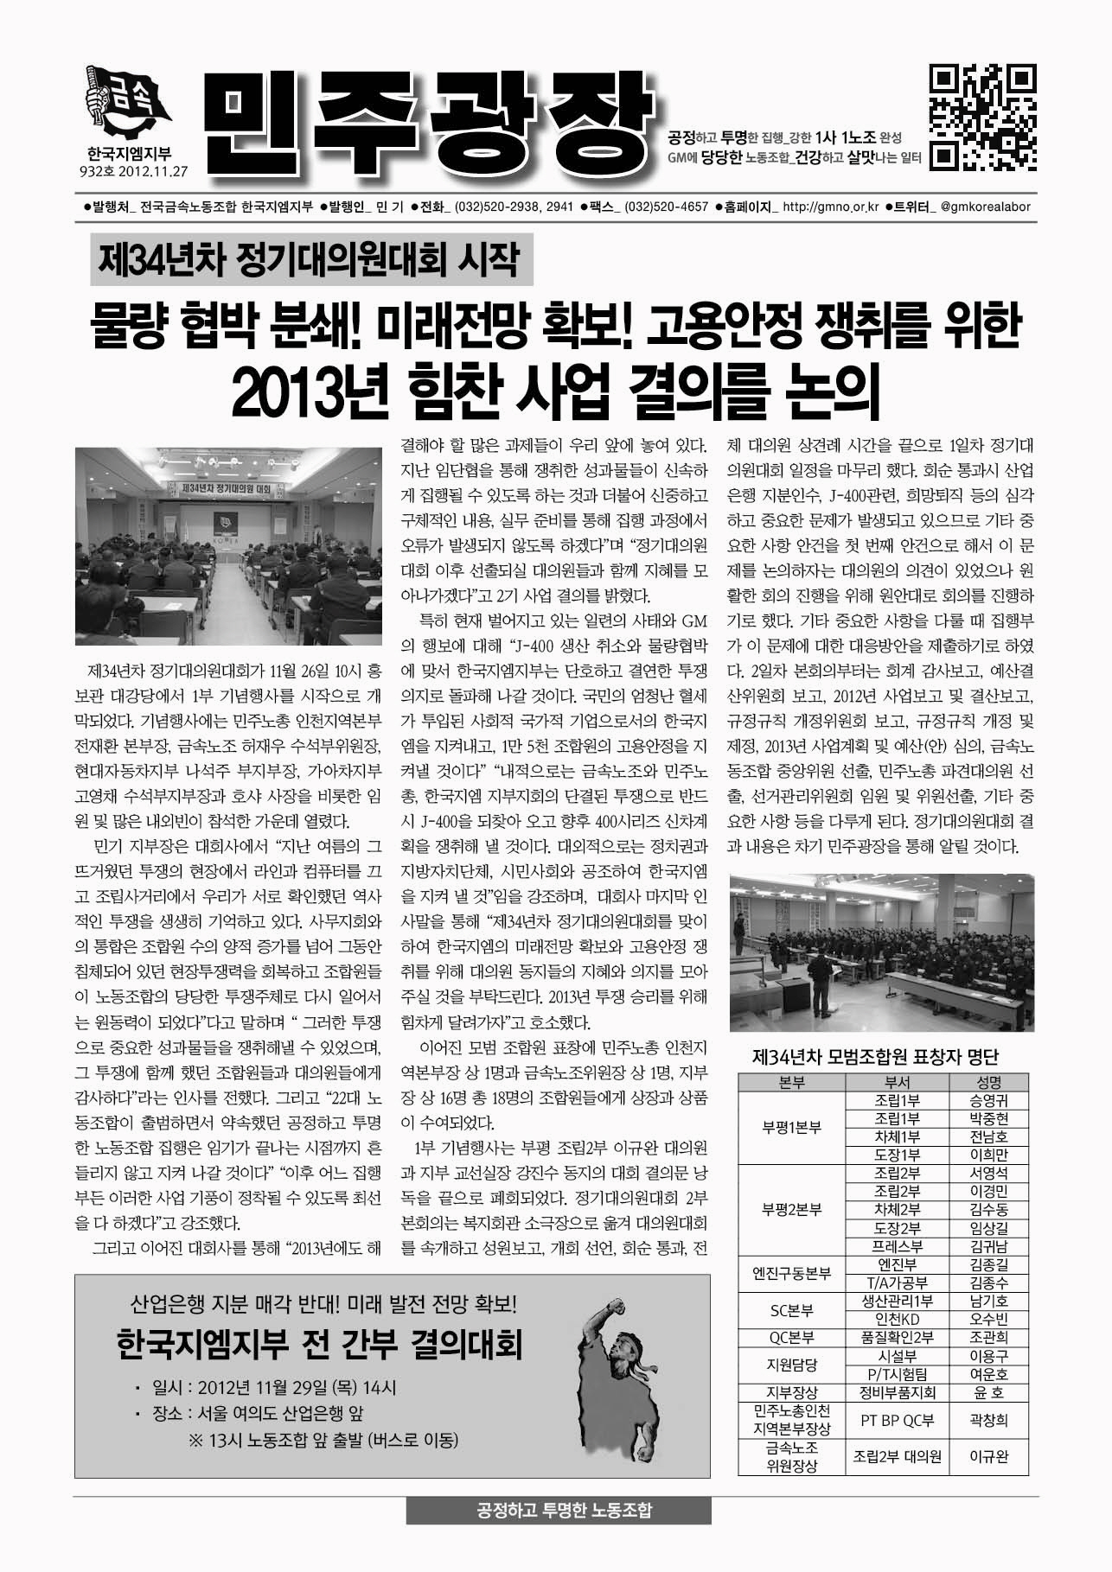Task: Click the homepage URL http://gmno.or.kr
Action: click(x=829, y=207)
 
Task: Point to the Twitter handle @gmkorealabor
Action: click(x=984, y=207)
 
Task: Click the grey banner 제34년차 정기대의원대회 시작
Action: click(x=309, y=258)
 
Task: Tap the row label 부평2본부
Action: click(x=791, y=1209)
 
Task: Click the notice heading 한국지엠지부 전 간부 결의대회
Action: click(x=318, y=1345)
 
